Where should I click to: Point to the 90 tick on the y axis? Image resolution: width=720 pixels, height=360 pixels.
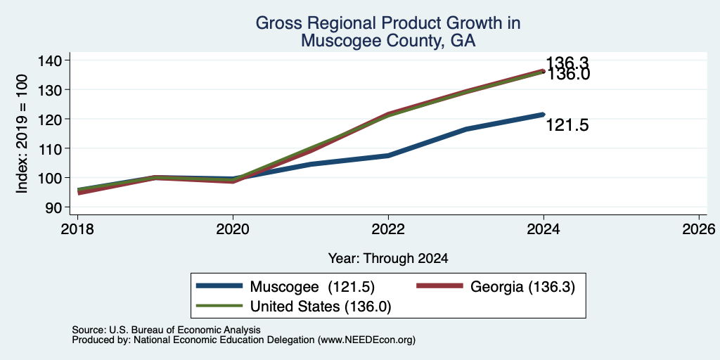click(52, 207)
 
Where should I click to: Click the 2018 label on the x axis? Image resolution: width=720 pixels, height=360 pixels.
click(77, 229)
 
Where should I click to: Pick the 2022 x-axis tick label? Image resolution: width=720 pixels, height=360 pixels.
click(388, 229)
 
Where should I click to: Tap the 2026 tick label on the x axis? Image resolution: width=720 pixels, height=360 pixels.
click(700, 229)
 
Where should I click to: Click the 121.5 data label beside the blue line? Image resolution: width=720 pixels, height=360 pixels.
click(567, 125)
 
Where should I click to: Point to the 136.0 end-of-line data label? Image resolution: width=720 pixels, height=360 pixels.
click(567, 75)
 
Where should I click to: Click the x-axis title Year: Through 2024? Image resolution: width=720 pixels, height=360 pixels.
click(388, 259)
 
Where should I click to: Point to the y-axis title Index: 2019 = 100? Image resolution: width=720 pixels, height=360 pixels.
click(22, 134)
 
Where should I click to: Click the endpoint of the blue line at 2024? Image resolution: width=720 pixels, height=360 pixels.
click(544, 115)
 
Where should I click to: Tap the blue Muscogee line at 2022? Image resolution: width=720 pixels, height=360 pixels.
click(388, 155)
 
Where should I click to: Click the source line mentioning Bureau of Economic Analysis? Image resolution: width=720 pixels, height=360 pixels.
click(166, 330)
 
